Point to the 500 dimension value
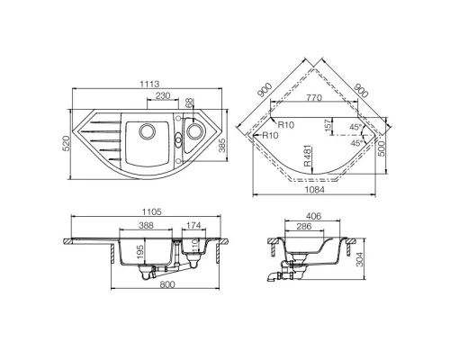point(382,147)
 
